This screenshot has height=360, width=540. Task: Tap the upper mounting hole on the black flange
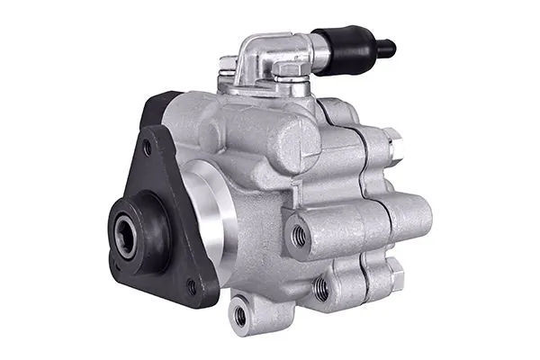click(x=148, y=147)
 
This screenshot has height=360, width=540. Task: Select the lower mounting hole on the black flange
click(x=190, y=286)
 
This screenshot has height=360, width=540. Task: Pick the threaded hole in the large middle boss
click(x=300, y=236)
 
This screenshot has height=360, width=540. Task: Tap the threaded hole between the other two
click(x=321, y=288)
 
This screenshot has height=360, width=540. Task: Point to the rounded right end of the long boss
click(x=418, y=217)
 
